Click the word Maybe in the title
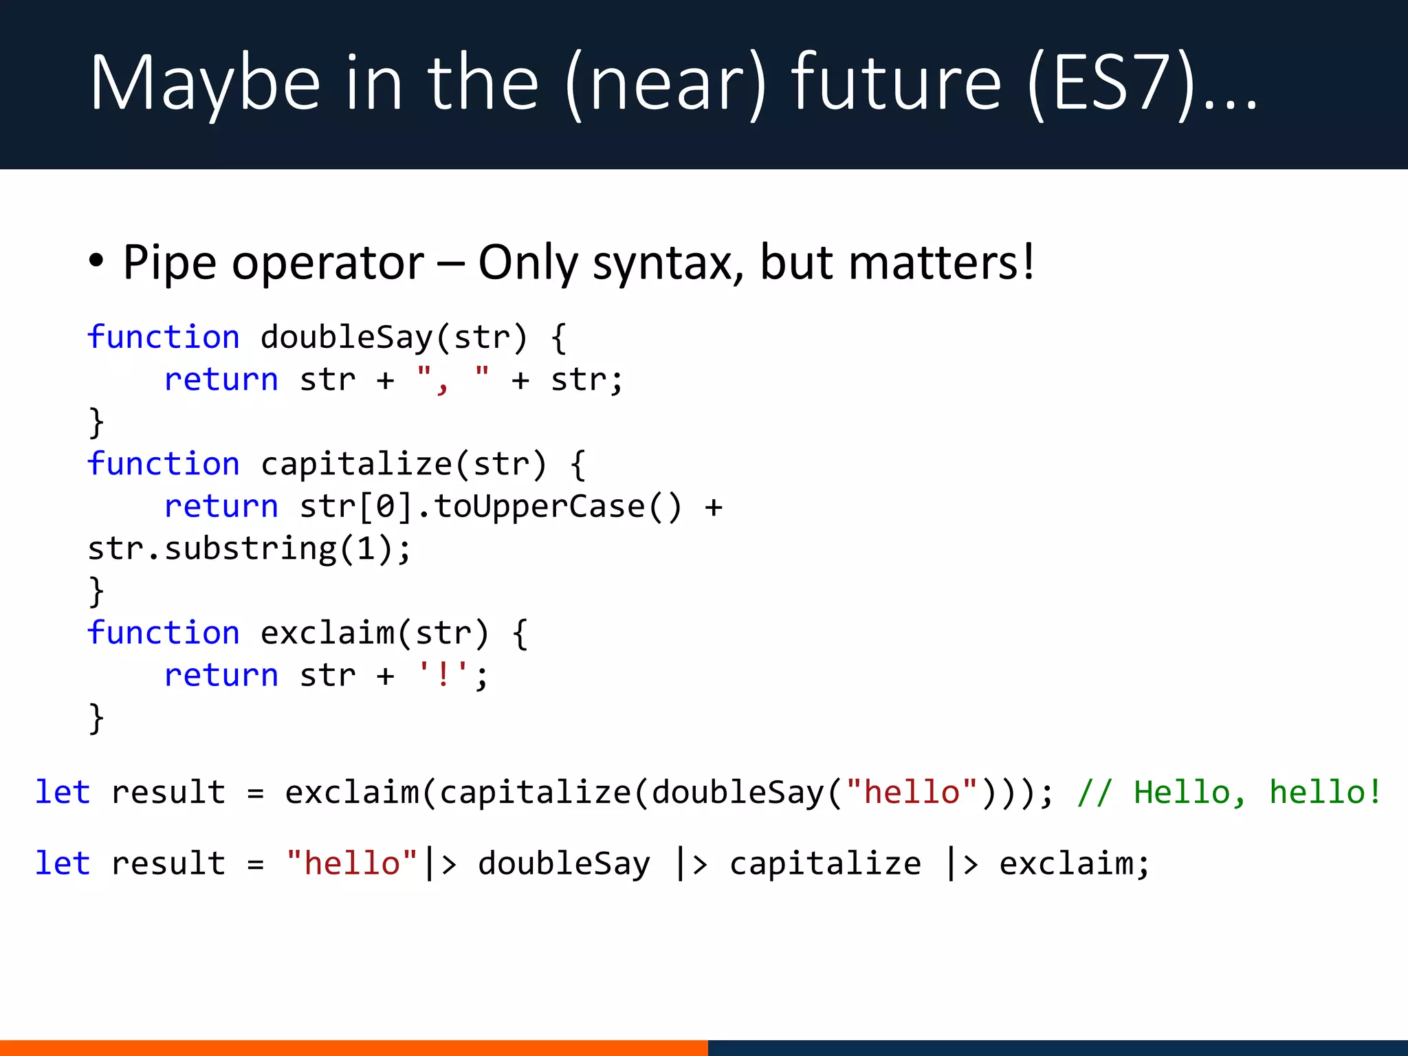pos(205,83)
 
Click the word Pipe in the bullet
pos(169,263)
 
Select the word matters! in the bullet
pos(941,263)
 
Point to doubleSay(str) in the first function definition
pos(394,338)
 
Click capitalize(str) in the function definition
pos(404,464)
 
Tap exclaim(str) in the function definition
pos(375,633)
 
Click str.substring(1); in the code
pos(249,549)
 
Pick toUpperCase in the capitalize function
pos(539,507)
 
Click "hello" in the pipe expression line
pos(352,863)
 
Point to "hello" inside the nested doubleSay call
pos(912,792)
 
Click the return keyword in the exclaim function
pos(221,675)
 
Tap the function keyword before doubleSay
pos(164,338)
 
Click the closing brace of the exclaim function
pos(96,718)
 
